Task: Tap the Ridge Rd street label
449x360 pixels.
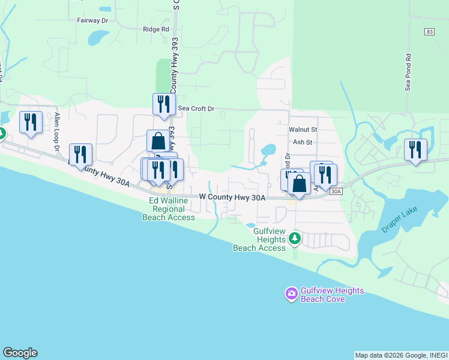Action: click(x=156, y=29)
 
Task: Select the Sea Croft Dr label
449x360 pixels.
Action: click(x=196, y=109)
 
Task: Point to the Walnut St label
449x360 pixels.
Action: click(x=303, y=129)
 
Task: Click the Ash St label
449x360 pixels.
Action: click(x=303, y=142)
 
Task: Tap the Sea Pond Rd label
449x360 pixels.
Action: click(x=408, y=73)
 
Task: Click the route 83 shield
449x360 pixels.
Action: click(x=427, y=32)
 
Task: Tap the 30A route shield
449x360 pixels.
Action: click(x=336, y=191)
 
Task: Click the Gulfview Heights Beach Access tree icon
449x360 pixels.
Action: click(x=294, y=239)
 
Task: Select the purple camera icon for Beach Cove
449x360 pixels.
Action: click(x=291, y=294)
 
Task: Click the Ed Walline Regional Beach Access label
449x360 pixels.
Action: click(x=169, y=208)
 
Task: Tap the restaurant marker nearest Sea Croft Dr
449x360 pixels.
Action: click(x=164, y=105)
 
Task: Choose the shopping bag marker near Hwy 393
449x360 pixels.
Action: click(x=158, y=142)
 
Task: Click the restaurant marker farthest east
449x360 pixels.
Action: click(x=415, y=149)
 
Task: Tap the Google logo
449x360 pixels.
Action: click(x=20, y=353)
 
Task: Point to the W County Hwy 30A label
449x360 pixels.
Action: click(x=232, y=197)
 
